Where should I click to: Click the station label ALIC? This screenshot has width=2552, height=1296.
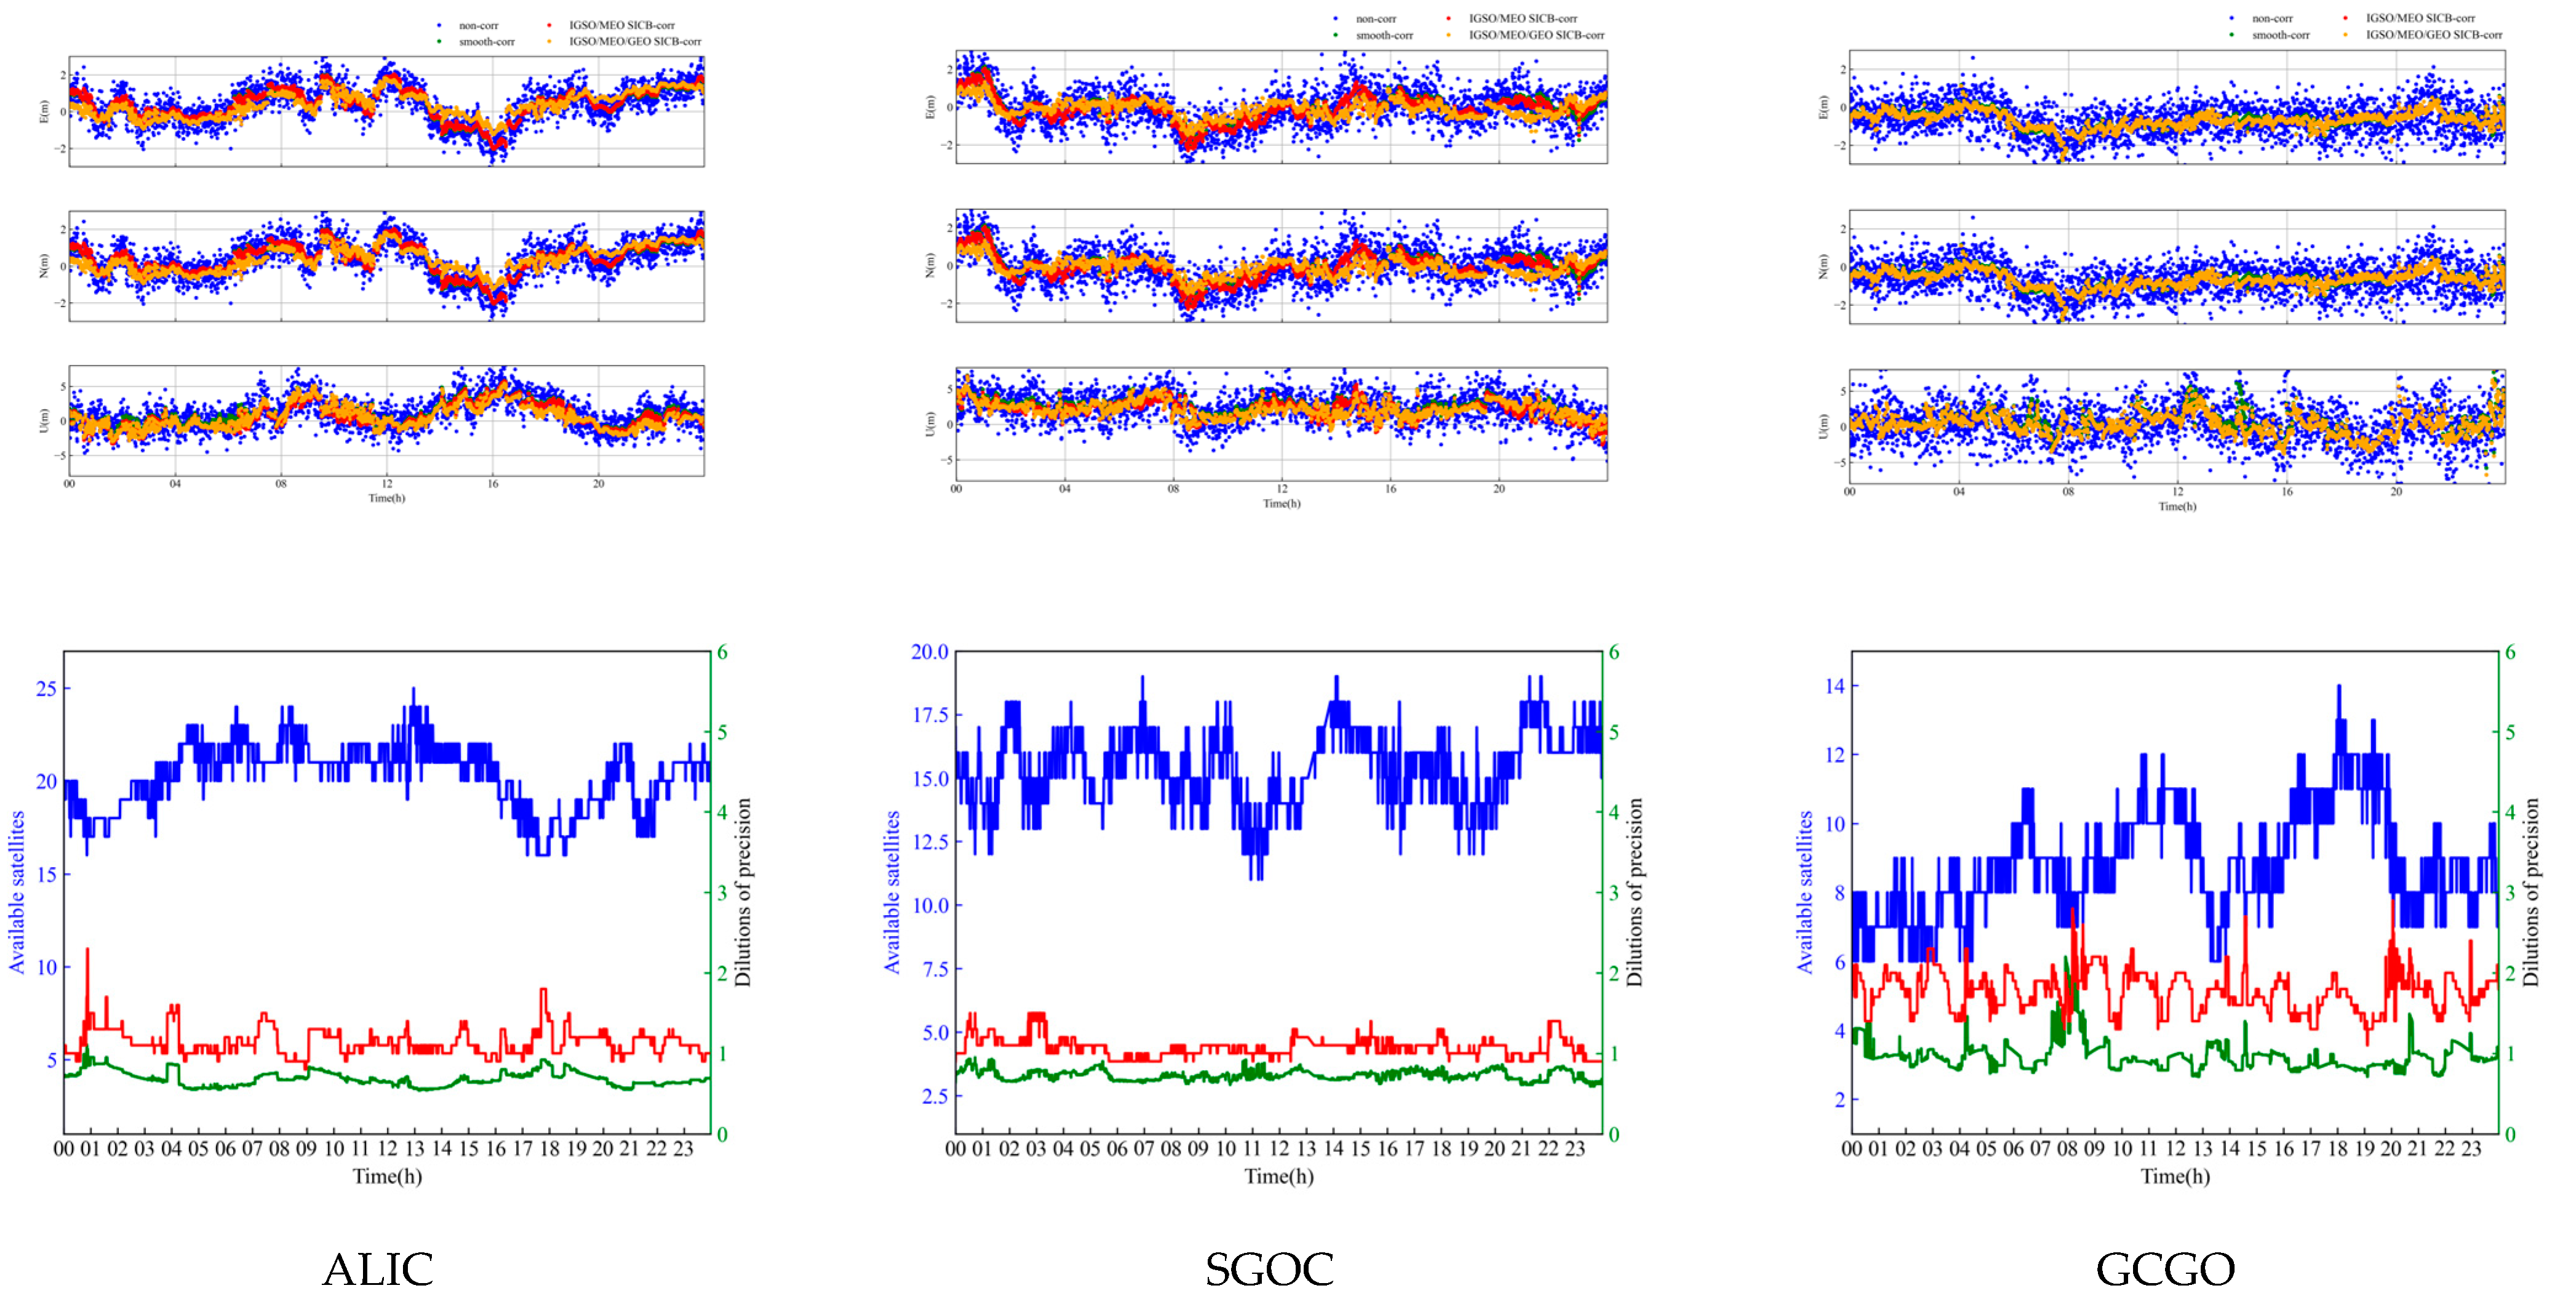click(x=378, y=1268)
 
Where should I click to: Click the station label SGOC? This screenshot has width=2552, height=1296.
click(x=1269, y=1268)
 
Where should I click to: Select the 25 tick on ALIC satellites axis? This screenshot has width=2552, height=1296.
click(x=46, y=689)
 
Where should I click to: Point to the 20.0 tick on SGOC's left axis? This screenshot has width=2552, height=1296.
click(x=929, y=652)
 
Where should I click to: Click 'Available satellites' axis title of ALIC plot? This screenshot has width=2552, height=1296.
click(x=17, y=892)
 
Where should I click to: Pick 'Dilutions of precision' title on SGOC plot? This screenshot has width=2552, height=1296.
click(x=1635, y=892)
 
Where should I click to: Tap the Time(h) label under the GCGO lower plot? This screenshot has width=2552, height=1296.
click(x=2174, y=1176)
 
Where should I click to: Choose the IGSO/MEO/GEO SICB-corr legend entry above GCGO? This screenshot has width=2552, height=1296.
click(x=2433, y=34)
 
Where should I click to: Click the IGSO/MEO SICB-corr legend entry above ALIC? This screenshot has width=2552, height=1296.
click(x=621, y=25)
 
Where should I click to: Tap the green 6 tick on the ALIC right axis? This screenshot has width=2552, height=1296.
click(x=722, y=652)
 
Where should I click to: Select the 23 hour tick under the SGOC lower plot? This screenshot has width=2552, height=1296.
click(x=1574, y=1150)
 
